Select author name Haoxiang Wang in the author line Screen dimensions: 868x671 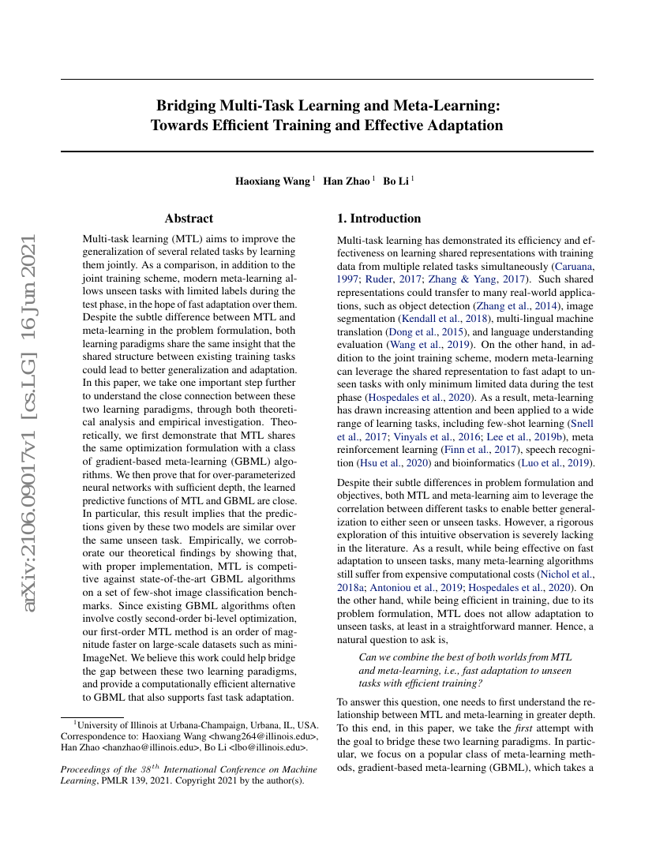click(x=272, y=181)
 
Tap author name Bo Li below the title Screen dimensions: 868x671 click(x=396, y=181)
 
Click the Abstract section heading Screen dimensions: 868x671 click(x=189, y=219)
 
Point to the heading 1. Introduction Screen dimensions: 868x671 click(x=379, y=219)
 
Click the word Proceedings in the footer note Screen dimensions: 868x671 click(x=88, y=770)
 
